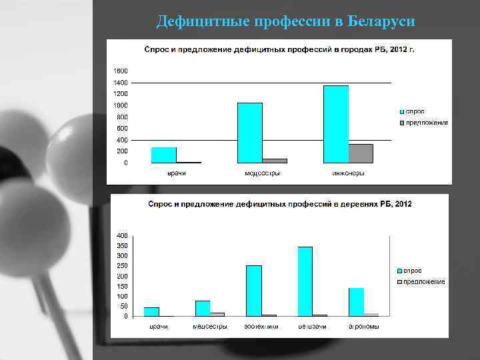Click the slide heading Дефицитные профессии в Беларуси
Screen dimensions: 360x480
[x=285, y=22]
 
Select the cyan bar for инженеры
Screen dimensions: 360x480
[x=336, y=124]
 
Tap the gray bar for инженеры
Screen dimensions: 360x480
[x=361, y=153]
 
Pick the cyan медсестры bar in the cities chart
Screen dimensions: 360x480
[x=250, y=133]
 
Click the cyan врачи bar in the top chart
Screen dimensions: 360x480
[x=164, y=155]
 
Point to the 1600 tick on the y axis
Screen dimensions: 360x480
[x=121, y=71]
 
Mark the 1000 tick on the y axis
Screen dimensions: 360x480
[x=121, y=105]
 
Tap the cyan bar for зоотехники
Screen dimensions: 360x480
[x=253, y=291]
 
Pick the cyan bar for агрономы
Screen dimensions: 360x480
[x=356, y=302]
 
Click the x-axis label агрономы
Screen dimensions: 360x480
[x=364, y=327]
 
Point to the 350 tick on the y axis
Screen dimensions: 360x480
[x=123, y=246]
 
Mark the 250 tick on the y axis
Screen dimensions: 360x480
[x=123, y=266]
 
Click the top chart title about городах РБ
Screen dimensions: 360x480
[x=279, y=50]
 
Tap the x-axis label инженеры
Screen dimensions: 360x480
[x=349, y=173]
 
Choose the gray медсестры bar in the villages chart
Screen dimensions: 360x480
[x=217, y=314]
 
